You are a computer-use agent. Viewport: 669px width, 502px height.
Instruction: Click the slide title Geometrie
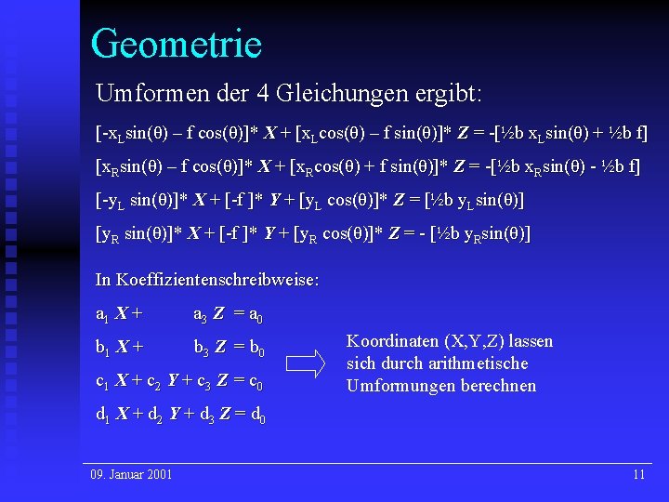point(177,44)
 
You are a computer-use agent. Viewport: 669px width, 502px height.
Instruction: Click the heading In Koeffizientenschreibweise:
point(207,279)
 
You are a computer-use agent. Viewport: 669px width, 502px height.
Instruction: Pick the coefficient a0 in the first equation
point(253,316)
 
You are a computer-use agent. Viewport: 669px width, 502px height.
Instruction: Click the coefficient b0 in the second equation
point(255,350)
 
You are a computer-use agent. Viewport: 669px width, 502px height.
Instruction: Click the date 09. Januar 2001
point(131,475)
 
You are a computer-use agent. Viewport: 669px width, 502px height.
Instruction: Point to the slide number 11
point(638,475)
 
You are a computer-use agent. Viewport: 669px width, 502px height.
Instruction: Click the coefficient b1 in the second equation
point(103,350)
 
